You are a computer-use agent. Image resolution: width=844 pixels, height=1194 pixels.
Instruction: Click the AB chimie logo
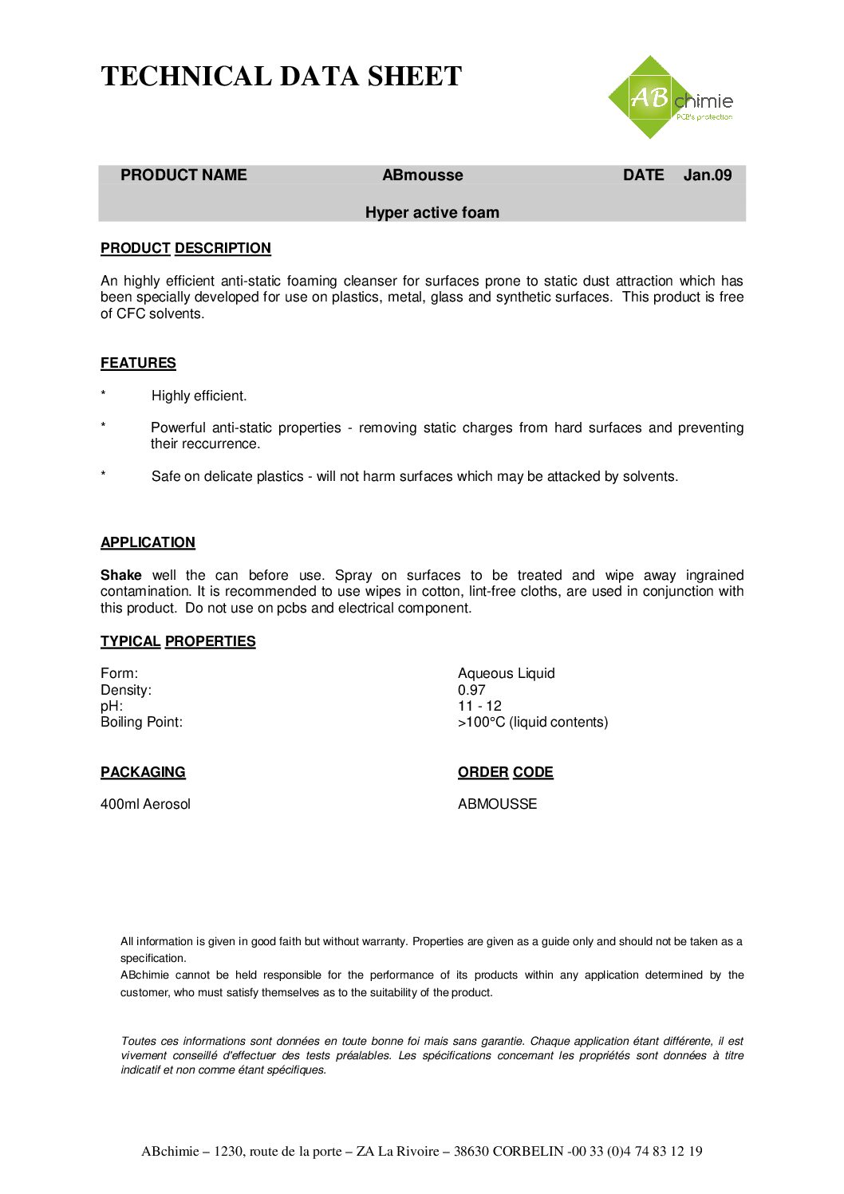tap(669, 98)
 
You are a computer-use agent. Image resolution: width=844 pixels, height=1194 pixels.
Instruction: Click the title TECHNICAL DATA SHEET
tap(281, 77)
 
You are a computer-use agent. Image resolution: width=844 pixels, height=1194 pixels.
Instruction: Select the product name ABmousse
tap(422, 175)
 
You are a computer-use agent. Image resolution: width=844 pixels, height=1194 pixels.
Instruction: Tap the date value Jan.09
tap(707, 175)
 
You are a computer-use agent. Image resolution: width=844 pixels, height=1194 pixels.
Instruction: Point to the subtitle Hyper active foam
tap(432, 213)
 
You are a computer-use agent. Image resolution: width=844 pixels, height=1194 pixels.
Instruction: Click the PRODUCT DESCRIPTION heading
tap(185, 248)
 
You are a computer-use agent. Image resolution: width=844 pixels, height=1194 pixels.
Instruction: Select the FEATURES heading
tap(138, 363)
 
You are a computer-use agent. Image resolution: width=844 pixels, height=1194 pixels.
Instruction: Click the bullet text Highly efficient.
tap(199, 396)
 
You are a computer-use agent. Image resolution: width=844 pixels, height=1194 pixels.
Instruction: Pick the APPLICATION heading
tap(148, 542)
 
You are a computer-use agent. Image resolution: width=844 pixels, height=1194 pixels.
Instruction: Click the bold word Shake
tap(120, 575)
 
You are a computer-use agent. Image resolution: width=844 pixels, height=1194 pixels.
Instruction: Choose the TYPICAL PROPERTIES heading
tap(178, 641)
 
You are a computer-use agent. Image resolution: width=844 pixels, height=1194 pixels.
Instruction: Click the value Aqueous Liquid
tap(506, 673)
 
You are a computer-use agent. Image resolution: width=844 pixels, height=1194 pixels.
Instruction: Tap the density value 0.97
tap(471, 690)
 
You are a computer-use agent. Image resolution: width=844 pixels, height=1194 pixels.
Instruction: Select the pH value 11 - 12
tap(479, 706)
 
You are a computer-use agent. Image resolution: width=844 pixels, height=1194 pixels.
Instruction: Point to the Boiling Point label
tap(141, 722)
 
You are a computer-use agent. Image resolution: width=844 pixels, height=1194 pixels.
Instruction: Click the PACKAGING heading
tap(143, 772)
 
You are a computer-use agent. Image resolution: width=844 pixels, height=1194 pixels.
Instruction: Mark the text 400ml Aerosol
tap(145, 804)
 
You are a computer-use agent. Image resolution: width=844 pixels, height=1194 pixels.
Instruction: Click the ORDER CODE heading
tap(505, 772)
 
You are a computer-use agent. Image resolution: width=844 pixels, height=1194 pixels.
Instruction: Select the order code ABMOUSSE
tap(497, 804)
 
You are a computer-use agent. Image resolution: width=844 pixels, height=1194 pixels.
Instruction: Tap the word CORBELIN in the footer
tap(527, 1151)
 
